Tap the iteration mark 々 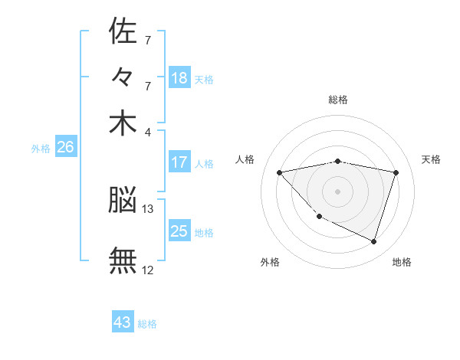(123, 77)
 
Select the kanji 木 (123, 124)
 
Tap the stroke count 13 (148, 208)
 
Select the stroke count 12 (148, 270)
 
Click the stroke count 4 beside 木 (148, 131)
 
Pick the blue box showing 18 (179, 78)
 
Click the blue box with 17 (179, 162)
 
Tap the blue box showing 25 (179, 231)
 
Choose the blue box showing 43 (123, 322)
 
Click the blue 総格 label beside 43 (148, 324)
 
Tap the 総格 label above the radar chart (338, 100)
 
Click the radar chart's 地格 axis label (402, 262)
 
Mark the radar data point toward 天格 (396, 172)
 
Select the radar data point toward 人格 (279, 172)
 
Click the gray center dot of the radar (337, 191)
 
